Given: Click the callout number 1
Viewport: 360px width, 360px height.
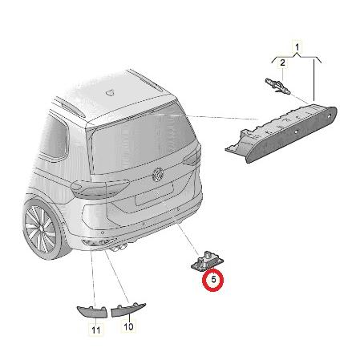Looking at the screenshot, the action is coord(297,47).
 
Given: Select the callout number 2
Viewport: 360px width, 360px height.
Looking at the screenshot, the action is coord(282,63).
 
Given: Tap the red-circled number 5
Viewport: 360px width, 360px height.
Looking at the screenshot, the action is coord(213,280).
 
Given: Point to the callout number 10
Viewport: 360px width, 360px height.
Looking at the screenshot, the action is coord(128,326).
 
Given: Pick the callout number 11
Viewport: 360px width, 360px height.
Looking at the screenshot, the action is coord(95,330).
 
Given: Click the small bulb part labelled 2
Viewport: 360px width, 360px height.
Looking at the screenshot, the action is coord(277,86).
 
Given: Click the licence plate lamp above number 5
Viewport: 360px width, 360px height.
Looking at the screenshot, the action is coord(208,260).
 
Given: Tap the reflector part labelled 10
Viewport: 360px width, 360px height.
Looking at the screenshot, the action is coord(128,309).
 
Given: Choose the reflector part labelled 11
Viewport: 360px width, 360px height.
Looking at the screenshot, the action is coord(92,312).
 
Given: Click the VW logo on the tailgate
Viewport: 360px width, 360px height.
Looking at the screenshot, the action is coord(157,174).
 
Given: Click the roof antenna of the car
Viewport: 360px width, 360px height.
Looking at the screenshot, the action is coord(110,92).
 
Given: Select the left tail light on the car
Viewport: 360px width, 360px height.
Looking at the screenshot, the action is coord(99,188).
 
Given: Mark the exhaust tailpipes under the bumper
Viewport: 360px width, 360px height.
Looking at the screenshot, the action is coord(119,248).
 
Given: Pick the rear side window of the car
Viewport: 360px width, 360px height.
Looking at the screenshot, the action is coord(55,138).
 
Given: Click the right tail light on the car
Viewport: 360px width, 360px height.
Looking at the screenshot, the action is coord(192,158).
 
